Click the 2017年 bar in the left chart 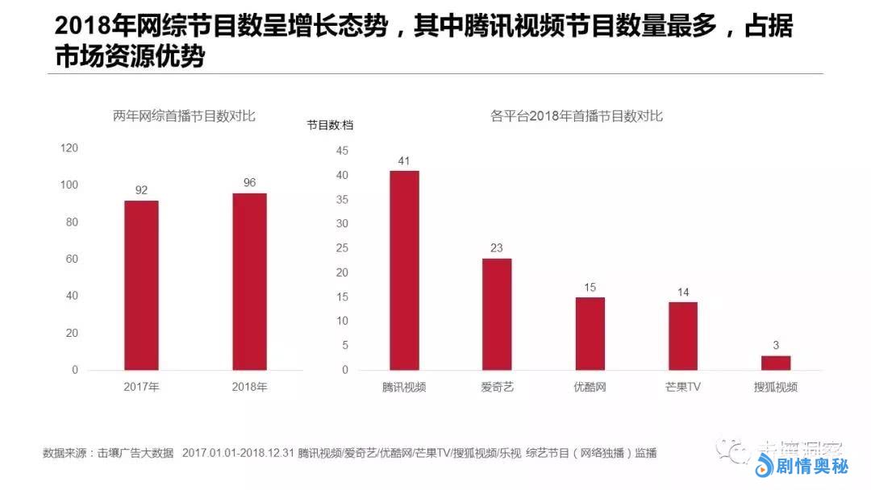tap(141, 285)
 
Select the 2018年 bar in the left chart tap(249, 281)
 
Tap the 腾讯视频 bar tap(404, 270)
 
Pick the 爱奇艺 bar tap(497, 314)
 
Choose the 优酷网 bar tap(590, 334)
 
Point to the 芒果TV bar tap(682, 336)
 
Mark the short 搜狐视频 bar tap(776, 363)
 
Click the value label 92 tap(141, 190)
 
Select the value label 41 tap(404, 160)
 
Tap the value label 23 tap(497, 248)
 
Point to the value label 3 tap(776, 346)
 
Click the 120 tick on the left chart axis tap(69, 148)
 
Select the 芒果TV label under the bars tap(682, 387)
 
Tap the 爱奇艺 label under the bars tap(497, 387)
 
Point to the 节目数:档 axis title tap(330, 125)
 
